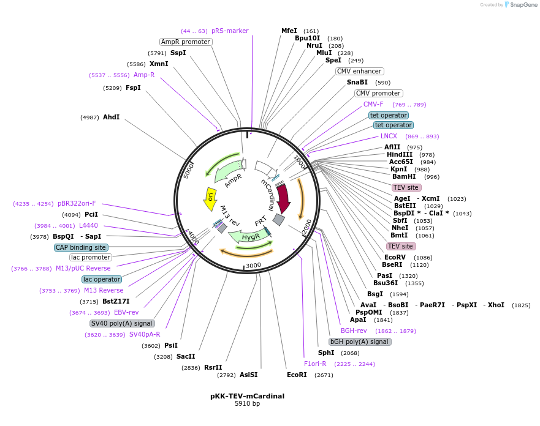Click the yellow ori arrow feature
[210, 198]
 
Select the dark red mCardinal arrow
[283, 198]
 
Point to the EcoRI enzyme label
[297, 375]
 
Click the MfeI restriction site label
[289, 31]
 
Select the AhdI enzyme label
[111, 117]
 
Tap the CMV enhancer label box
[359, 71]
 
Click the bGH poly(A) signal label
[359, 342]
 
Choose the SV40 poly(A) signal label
[122, 323]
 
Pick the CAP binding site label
[81, 247]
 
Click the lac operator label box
[102, 279]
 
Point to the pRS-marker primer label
[230, 31]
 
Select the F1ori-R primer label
[315, 364]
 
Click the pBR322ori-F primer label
[77, 203]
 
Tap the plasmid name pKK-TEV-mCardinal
[247, 396]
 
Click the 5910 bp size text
[247, 404]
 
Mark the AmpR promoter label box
[186, 42]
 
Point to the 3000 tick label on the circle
[253, 265]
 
